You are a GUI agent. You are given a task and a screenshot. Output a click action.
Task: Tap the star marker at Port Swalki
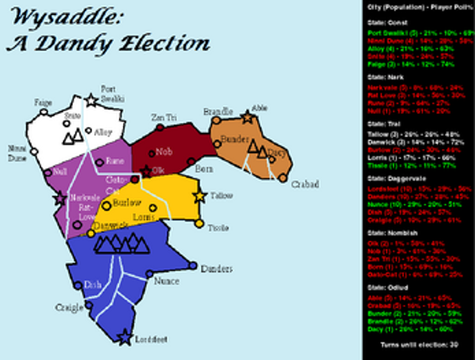(x=91, y=100)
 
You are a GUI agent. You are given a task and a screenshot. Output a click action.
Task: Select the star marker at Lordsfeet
(x=125, y=338)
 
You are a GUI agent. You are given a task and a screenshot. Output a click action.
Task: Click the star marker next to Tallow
(x=199, y=198)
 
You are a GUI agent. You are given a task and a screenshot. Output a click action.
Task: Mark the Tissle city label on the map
(x=218, y=228)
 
